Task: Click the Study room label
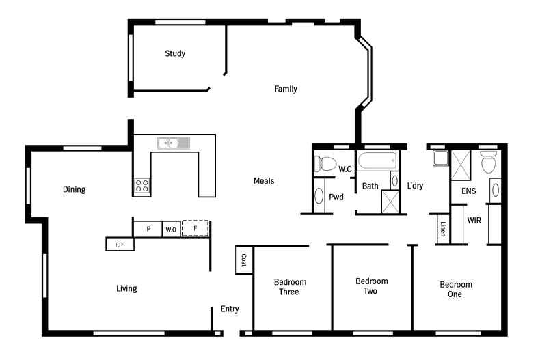(174, 53)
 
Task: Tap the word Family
(286, 89)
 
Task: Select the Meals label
(264, 181)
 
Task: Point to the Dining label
(74, 189)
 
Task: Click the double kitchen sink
(174, 143)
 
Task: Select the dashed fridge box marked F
(195, 228)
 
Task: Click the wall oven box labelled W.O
(170, 230)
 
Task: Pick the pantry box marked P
(148, 229)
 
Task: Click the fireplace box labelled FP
(119, 244)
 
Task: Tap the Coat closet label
(243, 260)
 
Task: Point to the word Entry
(230, 309)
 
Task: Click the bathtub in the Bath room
(377, 163)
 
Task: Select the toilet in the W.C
(325, 164)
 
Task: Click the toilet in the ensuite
(488, 163)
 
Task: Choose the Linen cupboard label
(443, 230)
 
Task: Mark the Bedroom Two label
(372, 286)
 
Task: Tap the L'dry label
(416, 186)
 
